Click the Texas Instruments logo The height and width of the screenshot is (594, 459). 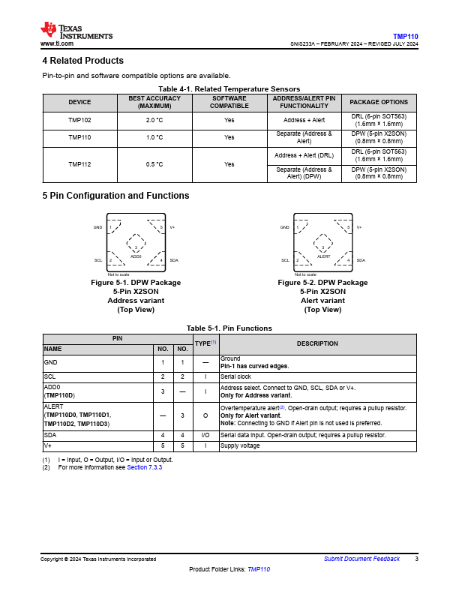pyautogui.click(x=76, y=31)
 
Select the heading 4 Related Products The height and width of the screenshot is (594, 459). pyautogui.click(x=82, y=61)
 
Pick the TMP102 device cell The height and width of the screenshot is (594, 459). pyautogui.click(x=79, y=120)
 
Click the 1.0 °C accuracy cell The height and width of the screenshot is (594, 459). pyautogui.click(x=154, y=138)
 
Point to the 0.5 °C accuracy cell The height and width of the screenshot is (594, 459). pyautogui.click(x=154, y=164)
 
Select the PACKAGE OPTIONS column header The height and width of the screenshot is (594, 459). pyautogui.click(x=379, y=102)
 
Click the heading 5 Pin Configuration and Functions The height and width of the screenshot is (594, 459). pyautogui.click(x=115, y=196)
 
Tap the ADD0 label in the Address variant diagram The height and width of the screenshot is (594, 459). pyautogui.click(x=136, y=256)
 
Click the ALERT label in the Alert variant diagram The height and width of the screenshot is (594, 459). pyautogui.click(x=323, y=256)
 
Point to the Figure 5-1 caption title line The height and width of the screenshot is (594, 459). pyautogui.click(x=136, y=283)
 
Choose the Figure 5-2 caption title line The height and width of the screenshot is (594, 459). pyautogui.click(x=322, y=283)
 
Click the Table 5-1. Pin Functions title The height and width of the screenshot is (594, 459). pyautogui.click(x=229, y=328)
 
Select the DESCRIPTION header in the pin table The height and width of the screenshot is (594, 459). pyautogui.click(x=316, y=343)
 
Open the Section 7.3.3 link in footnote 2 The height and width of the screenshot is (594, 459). pyautogui.click(x=144, y=467)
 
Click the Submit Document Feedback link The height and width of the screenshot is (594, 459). pyautogui.click(x=361, y=559)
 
